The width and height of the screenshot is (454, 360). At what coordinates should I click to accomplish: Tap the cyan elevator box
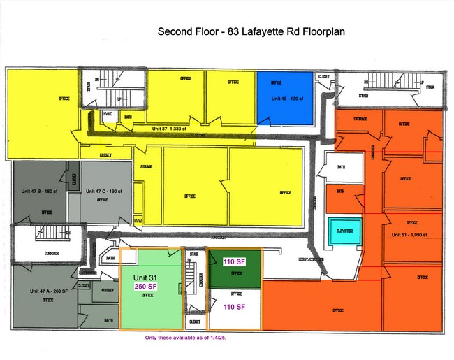click(x=345, y=231)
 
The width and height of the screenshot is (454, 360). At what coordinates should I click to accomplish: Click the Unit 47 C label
click(x=104, y=191)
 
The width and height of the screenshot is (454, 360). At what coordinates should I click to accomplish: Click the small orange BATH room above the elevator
click(x=340, y=191)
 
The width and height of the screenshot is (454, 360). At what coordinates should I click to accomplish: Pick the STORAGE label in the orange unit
click(x=361, y=120)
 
